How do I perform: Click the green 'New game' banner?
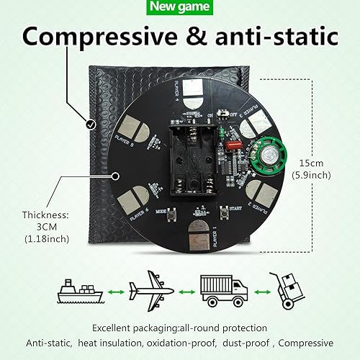click(179, 7)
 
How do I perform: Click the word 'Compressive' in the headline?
click(100, 37)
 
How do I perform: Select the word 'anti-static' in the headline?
click(281, 37)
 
